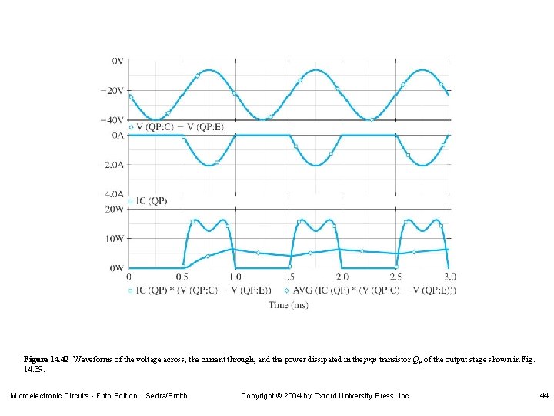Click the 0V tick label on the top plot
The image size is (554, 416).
click(118, 60)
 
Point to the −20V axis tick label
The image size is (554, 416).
click(112, 90)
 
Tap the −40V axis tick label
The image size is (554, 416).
click(112, 120)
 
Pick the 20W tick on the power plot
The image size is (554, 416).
click(114, 209)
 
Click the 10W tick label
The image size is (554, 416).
click(114, 239)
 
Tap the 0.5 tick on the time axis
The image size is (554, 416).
click(182, 277)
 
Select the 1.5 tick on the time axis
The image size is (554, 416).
click(289, 277)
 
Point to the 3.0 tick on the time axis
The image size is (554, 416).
click(449, 277)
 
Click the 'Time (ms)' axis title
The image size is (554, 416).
click(289, 305)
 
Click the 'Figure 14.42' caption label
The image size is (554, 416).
click(46, 359)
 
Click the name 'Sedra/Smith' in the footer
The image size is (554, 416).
click(166, 396)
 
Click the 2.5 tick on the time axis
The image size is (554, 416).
click(395, 277)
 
